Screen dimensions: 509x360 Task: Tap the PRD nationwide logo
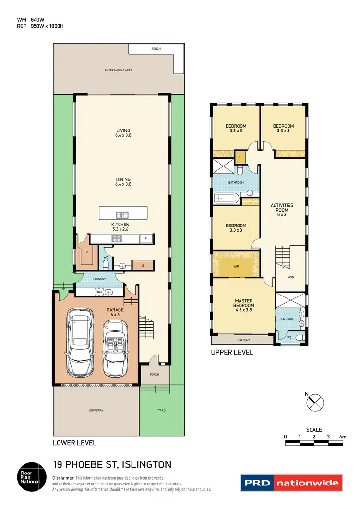[291, 483]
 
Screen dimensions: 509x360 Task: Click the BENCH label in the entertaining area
[156, 49]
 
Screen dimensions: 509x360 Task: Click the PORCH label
[155, 375]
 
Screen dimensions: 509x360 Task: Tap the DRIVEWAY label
[96, 411]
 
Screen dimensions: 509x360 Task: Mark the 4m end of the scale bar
[342, 437]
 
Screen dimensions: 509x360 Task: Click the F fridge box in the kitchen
[146, 238]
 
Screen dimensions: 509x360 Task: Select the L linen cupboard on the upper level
[240, 157]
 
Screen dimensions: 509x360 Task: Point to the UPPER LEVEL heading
[232, 353]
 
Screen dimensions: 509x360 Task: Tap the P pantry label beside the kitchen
[87, 251]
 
